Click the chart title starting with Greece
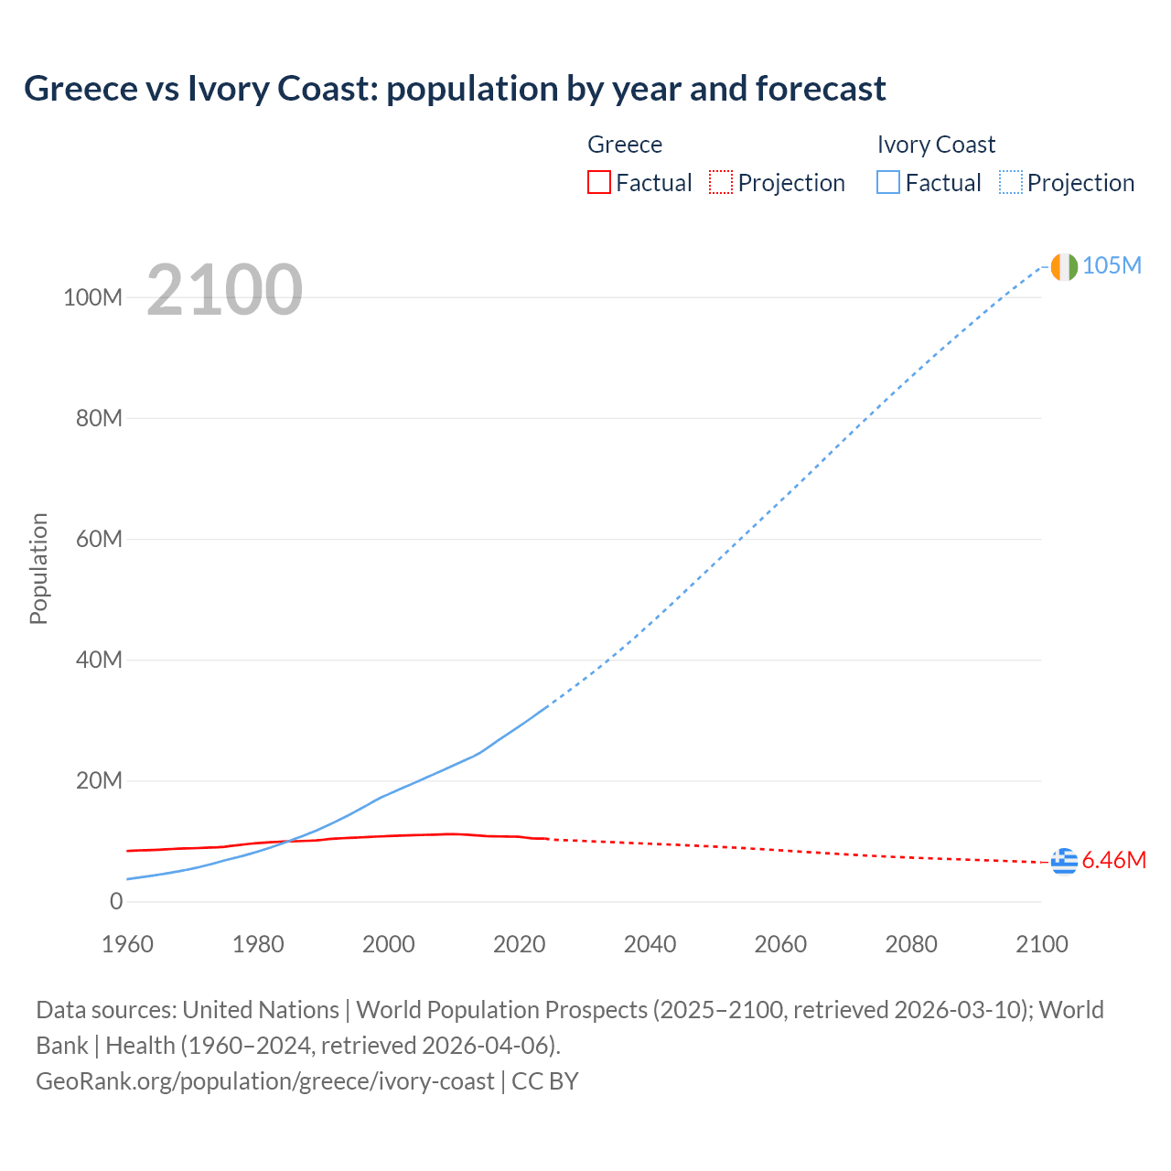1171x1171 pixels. (455, 89)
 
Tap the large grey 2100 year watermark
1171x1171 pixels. (224, 290)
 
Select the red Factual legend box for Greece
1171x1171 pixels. (599, 182)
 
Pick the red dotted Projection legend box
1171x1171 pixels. (721, 182)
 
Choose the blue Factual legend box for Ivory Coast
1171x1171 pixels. (888, 182)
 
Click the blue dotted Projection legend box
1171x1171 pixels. (1011, 182)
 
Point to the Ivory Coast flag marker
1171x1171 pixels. (1064, 266)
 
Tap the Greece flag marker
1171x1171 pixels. (1064, 861)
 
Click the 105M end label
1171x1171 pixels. (1112, 265)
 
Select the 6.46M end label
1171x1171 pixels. (1113, 861)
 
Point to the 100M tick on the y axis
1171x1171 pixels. (92, 298)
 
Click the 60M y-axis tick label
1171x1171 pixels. (98, 540)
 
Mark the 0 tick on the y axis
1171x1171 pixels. (116, 902)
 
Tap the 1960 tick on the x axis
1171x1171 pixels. (127, 944)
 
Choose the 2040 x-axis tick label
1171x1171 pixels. (650, 944)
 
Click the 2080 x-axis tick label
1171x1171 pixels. (911, 944)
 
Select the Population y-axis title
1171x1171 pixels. (38, 568)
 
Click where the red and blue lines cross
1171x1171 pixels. (287, 841)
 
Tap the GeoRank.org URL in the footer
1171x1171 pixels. (264, 1081)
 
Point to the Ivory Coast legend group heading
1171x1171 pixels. (935, 145)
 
